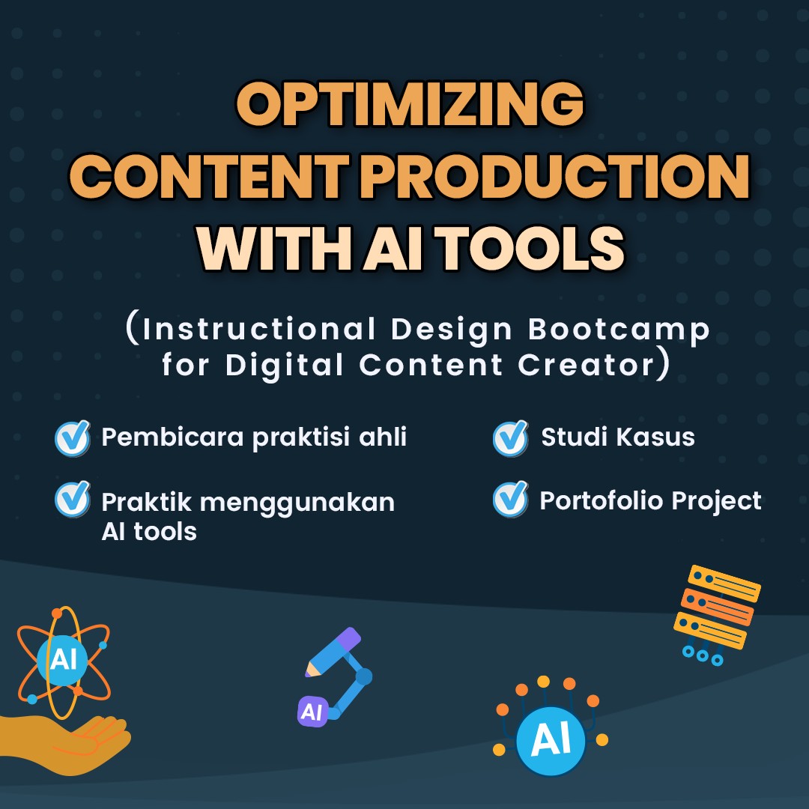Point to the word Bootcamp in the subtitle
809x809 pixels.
pos(619,329)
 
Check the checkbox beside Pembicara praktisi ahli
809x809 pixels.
pos(73,438)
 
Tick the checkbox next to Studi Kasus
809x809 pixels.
pos(511,438)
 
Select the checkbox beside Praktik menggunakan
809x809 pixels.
pos(73,500)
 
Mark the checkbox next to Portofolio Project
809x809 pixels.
pos(511,500)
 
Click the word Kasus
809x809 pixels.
pos(660,437)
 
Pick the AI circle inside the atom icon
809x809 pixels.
pos(62,660)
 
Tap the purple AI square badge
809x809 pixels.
pos(311,712)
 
